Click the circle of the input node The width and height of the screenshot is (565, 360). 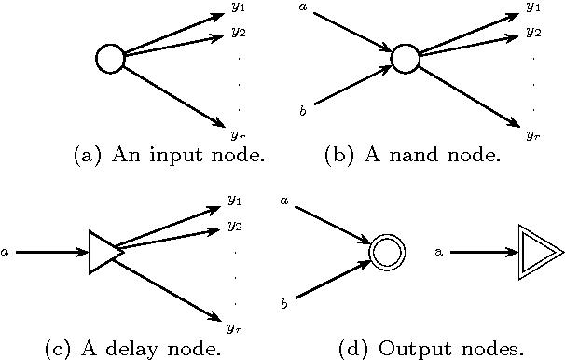(x=110, y=60)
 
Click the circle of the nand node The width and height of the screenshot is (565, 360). (x=404, y=60)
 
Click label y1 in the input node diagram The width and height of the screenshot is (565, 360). (x=239, y=8)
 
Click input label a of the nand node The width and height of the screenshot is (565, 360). (x=303, y=8)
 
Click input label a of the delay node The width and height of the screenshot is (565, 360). (x=7, y=251)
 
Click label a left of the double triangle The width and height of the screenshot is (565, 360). (x=439, y=252)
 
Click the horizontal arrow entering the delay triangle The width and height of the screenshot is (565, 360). (x=52, y=251)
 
